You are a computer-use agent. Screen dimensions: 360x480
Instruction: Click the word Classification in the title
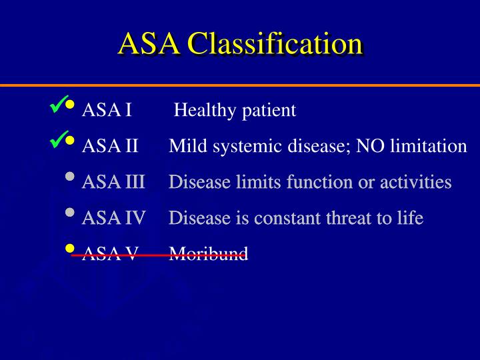275,44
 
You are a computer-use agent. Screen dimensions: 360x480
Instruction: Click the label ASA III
113,182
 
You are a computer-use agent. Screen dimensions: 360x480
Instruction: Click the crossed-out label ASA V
110,254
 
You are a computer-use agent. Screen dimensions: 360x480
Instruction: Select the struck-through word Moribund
209,254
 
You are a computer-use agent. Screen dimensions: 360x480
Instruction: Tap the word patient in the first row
269,111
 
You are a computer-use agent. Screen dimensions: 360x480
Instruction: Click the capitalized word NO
370,146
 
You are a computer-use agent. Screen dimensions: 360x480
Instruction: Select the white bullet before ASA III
71,177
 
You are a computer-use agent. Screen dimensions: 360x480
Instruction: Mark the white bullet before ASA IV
71,213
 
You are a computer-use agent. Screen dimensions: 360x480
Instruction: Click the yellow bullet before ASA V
71,248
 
